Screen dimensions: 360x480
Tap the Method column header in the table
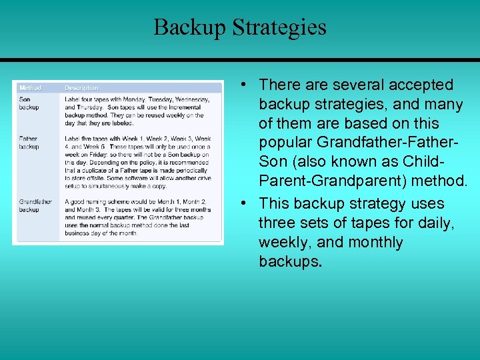(30, 87)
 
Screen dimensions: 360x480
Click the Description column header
(81, 87)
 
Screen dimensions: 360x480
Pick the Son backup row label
(29, 103)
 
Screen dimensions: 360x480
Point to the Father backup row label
(29, 143)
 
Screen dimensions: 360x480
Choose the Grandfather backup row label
(35, 205)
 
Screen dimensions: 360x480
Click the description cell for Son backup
(137, 111)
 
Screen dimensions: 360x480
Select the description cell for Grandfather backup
(136, 217)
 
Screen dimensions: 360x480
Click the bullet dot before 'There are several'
(245, 85)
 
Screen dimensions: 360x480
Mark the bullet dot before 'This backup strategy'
(245, 203)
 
